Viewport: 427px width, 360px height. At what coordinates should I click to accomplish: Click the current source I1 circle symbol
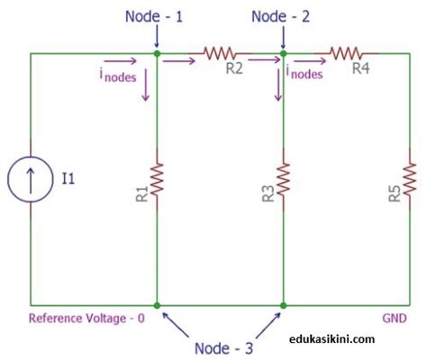32,179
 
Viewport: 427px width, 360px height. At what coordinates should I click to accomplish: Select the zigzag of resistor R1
157,179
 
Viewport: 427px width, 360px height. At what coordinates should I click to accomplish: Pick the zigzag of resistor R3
284,179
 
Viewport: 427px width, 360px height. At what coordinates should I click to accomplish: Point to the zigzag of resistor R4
347,54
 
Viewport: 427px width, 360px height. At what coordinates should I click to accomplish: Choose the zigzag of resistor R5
411,179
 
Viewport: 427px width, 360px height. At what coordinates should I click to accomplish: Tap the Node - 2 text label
282,15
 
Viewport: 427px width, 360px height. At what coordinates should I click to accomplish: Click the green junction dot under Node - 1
157,54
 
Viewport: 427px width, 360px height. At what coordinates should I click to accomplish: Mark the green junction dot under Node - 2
284,54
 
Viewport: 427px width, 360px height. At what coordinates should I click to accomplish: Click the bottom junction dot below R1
157,306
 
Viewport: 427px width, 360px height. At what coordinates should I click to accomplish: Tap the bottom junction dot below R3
284,306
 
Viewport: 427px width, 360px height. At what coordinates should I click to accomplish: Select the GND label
393,318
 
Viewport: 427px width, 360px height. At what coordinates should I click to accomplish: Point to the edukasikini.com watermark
333,339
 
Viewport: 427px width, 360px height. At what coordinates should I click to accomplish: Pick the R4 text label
360,69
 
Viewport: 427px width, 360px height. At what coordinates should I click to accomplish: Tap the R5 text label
395,193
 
